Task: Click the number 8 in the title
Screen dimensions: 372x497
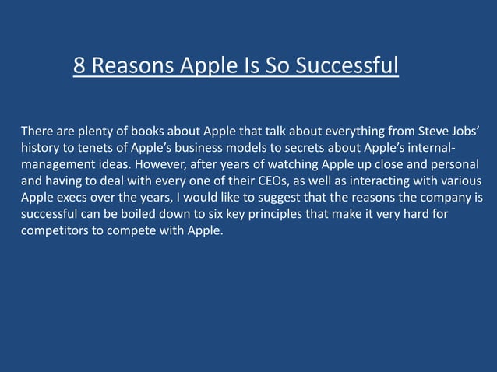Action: coord(79,66)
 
